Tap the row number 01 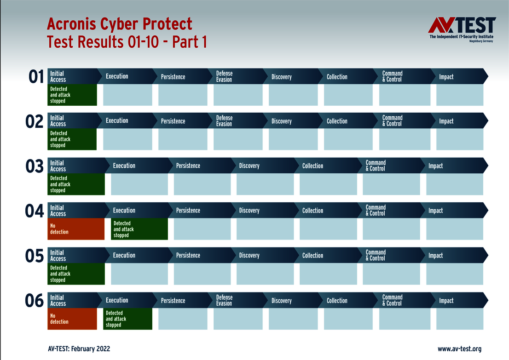click(36, 77)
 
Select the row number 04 click(34, 211)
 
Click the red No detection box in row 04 click(76, 229)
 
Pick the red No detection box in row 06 click(72, 319)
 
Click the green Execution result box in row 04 click(139, 229)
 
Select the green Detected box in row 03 click(76, 184)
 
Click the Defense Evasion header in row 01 click(225, 76)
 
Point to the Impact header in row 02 click(446, 121)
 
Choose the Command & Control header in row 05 click(376, 255)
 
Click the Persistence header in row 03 click(188, 166)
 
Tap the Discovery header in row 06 click(282, 301)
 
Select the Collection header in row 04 click(313, 211)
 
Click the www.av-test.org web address click(459, 349)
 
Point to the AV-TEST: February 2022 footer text click(79, 349)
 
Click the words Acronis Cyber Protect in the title click(120, 24)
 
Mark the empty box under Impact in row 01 click(460, 95)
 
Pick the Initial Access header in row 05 click(58, 256)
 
